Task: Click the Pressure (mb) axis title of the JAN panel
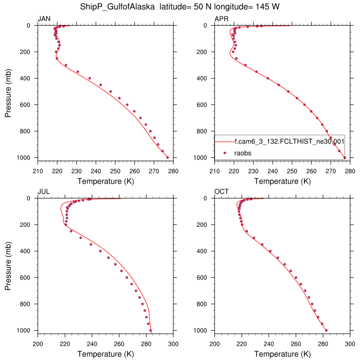(x=9, y=92)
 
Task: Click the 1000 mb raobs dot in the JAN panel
(x=168, y=157)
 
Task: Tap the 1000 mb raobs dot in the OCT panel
(x=326, y=330)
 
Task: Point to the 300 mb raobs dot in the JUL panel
(x=81, y=238)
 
